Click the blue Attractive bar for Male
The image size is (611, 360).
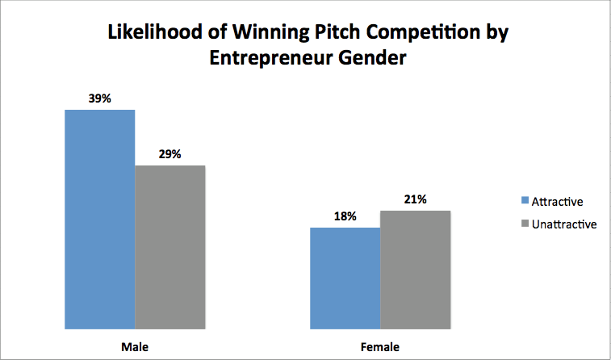point(100,219)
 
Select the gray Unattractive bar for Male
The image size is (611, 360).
point(170,247)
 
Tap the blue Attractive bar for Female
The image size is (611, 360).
point(345,278)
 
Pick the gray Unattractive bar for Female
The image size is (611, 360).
point(415,270)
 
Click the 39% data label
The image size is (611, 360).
point(100,98)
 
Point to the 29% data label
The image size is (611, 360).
point(170,154)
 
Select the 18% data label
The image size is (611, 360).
point(345,216)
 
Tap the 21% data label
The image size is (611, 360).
point(415,199)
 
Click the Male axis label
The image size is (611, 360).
point(135,346)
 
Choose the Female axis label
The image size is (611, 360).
point(380,346)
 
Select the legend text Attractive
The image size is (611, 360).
point(557,201)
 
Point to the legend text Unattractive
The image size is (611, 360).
point(564,224)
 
